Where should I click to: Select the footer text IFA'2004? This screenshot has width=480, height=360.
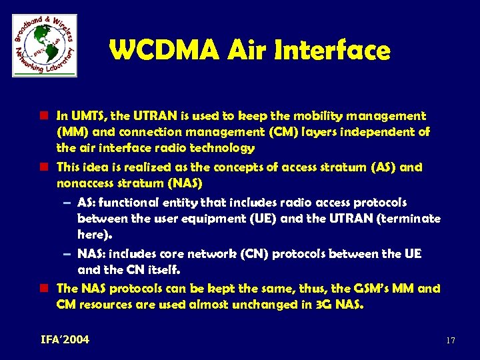click(x=65, y=340)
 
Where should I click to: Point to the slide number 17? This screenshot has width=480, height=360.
click(x=450, y=341)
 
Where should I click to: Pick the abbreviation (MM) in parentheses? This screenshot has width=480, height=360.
click(x=71, y=132)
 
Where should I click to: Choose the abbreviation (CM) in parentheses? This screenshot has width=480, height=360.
click(x=275, y=132)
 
